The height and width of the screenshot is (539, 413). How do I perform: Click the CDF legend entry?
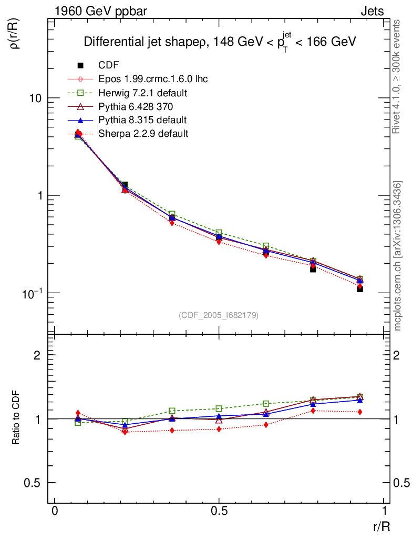point(108,65)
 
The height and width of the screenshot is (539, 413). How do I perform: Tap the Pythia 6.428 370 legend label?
point(136,106)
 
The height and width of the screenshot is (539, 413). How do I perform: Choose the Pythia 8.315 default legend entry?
point(142,120)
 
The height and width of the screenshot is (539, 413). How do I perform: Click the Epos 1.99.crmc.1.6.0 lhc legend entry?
point(153,79)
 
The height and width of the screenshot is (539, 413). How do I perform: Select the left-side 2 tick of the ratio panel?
point(37,355)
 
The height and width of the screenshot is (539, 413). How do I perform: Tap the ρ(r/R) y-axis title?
point(15,34)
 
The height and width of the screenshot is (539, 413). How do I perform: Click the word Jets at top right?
point(371,11)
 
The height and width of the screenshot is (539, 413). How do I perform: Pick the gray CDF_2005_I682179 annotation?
point(219,315)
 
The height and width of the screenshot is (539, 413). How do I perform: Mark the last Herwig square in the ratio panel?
point(360,397)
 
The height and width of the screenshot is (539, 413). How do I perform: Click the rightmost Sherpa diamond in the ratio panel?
point(360,412)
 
